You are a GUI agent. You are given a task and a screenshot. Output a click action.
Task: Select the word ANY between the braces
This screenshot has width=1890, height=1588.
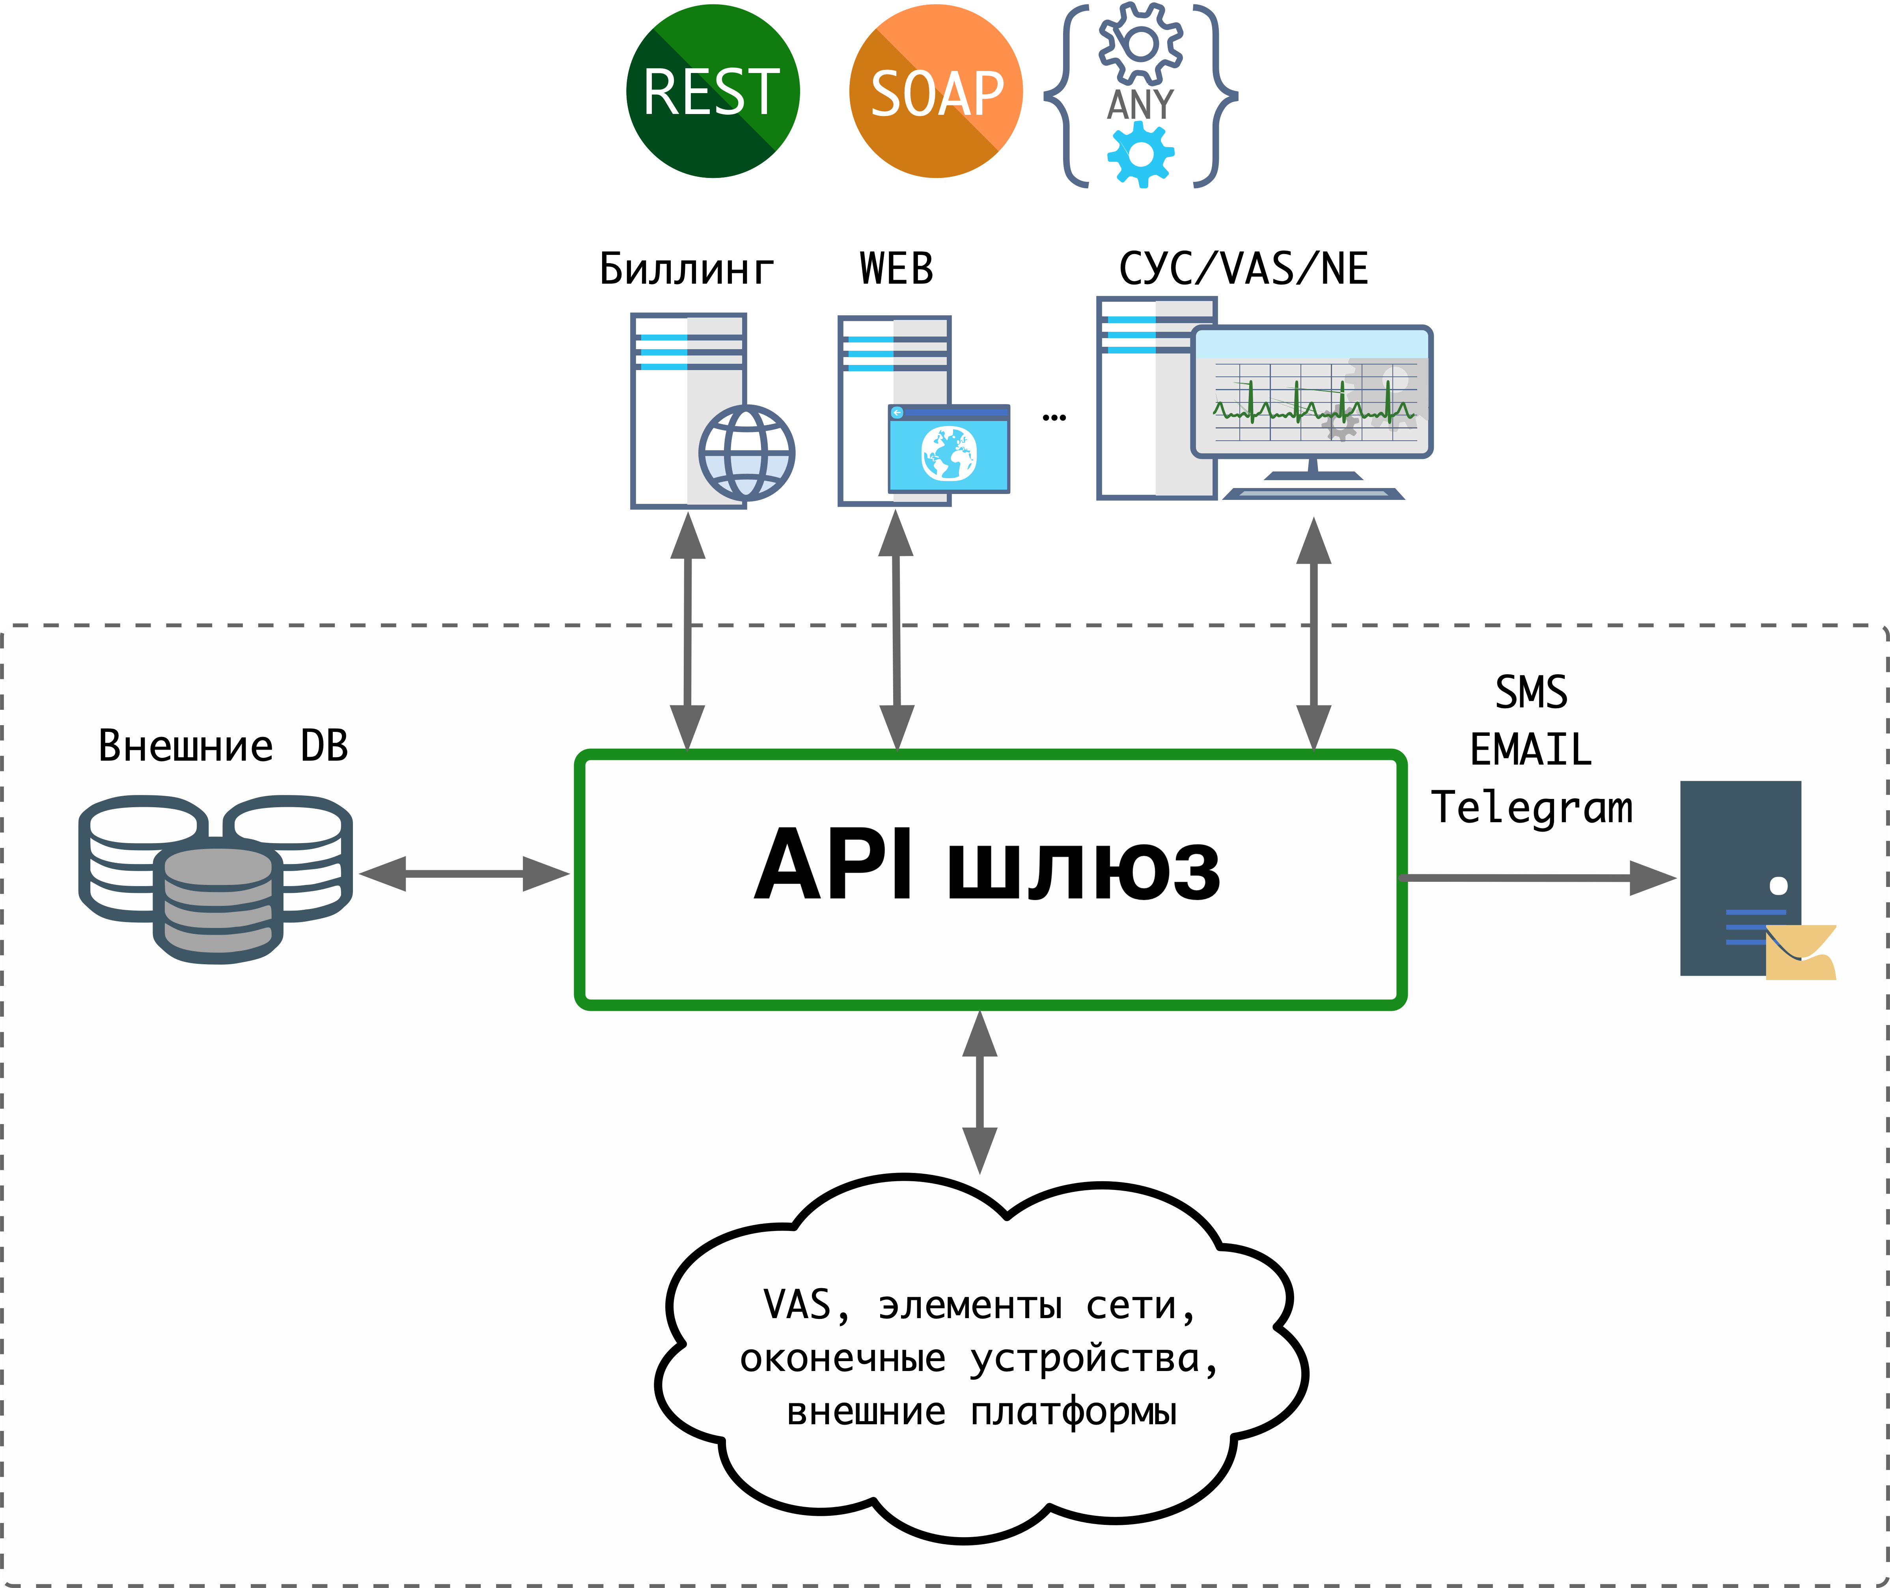coord(1140,105)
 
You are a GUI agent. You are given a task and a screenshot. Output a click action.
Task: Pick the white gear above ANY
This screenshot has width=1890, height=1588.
coord(1140,43)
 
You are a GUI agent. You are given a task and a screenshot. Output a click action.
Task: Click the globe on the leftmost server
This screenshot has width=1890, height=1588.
coord(746,453)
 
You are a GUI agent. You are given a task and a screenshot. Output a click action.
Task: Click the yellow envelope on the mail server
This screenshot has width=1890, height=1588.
coord(1799,953)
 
